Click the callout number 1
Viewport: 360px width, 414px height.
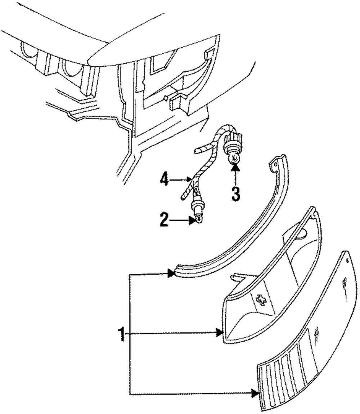pyautogui.click(x=122, y=334)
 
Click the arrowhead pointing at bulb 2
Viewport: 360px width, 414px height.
pyautogui.click(x=192, y=221)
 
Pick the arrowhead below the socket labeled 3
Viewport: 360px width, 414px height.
pyautogui.click(x=235, y=167)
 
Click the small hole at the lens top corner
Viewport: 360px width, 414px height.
pyautogui.click(x=347, y=260)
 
